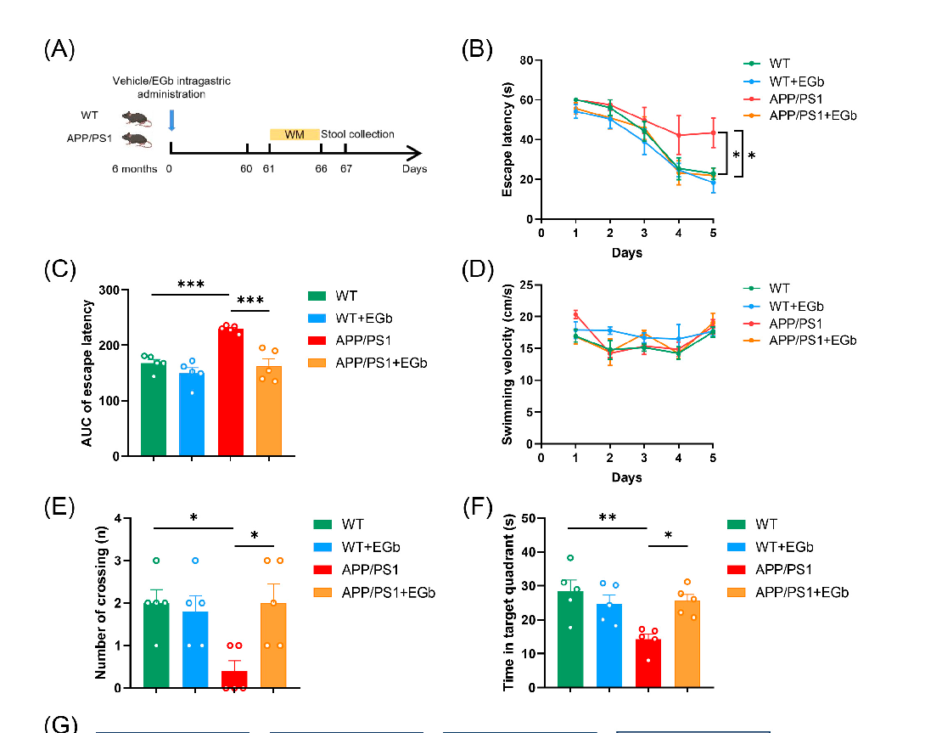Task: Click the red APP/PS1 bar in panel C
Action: click(230, 392)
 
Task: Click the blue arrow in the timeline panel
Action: click(171, 120)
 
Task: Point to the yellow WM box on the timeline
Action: click(294, 134)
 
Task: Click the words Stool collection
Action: click(357, 134)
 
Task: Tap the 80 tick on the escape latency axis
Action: click(526, 60)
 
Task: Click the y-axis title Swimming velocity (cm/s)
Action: click(507, 364)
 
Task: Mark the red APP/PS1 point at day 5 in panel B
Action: click(713, 133)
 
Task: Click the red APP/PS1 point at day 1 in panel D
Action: click(575, 315)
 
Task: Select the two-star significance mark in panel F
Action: click(606, 516)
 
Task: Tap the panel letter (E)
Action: click(59, 509)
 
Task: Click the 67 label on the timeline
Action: click(345, 169)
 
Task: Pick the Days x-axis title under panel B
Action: click(626, 252)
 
